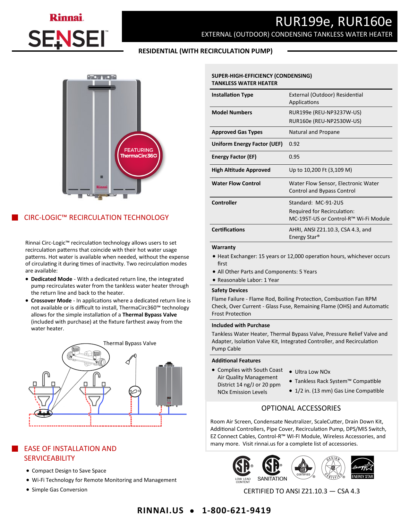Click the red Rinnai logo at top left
tap(66, 17)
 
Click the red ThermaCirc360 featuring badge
tap(139, 155)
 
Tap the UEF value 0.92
tap(294, 144)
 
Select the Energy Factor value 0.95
tap(294, 157)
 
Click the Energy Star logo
tap(362, 467)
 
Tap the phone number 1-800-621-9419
tap(236, 510)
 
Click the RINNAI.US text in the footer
tap(160, 510)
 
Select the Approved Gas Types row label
tap(237, 132)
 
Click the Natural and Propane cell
tap(314, 132)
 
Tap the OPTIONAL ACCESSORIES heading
tap(301, 408)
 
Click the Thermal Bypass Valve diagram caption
tap(130, 343)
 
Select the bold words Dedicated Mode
tap(51, 279)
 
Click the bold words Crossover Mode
tap(51, 300)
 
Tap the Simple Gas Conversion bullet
tap(59, 490)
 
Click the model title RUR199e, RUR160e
tap(333, 22)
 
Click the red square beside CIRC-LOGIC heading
tap(15, 217)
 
